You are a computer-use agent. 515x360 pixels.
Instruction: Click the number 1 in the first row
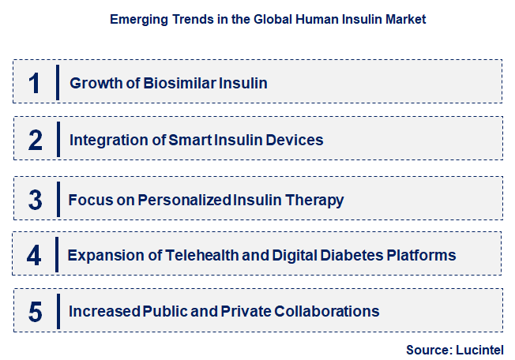tap(34, 83)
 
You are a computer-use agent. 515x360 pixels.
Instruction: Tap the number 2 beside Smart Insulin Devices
tap(35, 141)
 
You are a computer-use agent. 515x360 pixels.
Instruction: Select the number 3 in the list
tap(35, 199)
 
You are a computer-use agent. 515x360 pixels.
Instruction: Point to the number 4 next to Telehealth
tap(34, 255)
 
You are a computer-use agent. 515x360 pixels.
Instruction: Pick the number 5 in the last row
tap(35, 311)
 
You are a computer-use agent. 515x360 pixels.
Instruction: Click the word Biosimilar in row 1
tap(175, 83)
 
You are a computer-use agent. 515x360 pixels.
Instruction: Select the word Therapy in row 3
tap(316, 200)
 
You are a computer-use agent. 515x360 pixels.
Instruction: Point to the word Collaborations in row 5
tap(325, 311)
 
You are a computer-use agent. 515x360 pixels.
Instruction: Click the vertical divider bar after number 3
tap(58, 199)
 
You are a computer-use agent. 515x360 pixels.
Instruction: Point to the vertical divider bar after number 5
tap(58, 311)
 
